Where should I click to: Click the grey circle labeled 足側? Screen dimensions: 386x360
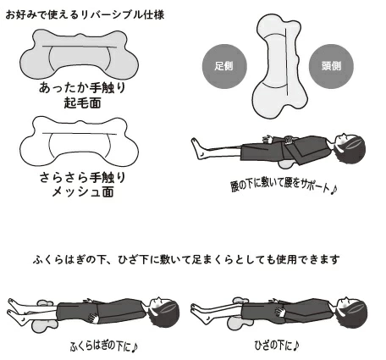[224, 66]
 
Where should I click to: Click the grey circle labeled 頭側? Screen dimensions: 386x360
[331, 66]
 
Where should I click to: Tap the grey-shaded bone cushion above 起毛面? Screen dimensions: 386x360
[79, 55]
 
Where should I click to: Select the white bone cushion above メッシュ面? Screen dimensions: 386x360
[79, 141]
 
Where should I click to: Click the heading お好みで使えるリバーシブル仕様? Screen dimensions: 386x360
[85, 14]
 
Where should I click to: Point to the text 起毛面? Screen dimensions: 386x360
[82, 102]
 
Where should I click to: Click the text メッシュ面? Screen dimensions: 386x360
[83, 192]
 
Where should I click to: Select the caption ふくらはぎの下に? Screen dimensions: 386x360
[103, 346]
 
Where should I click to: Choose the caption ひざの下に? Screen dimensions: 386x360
[277, 345]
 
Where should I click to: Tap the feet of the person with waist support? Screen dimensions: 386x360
[199, 148]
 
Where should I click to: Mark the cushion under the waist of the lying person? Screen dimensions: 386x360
[285, 164]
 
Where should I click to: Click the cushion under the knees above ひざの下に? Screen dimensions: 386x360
[240, 321]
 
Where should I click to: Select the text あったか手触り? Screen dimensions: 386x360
[82, 88]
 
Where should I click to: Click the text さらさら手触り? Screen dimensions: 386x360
[82, 177]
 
